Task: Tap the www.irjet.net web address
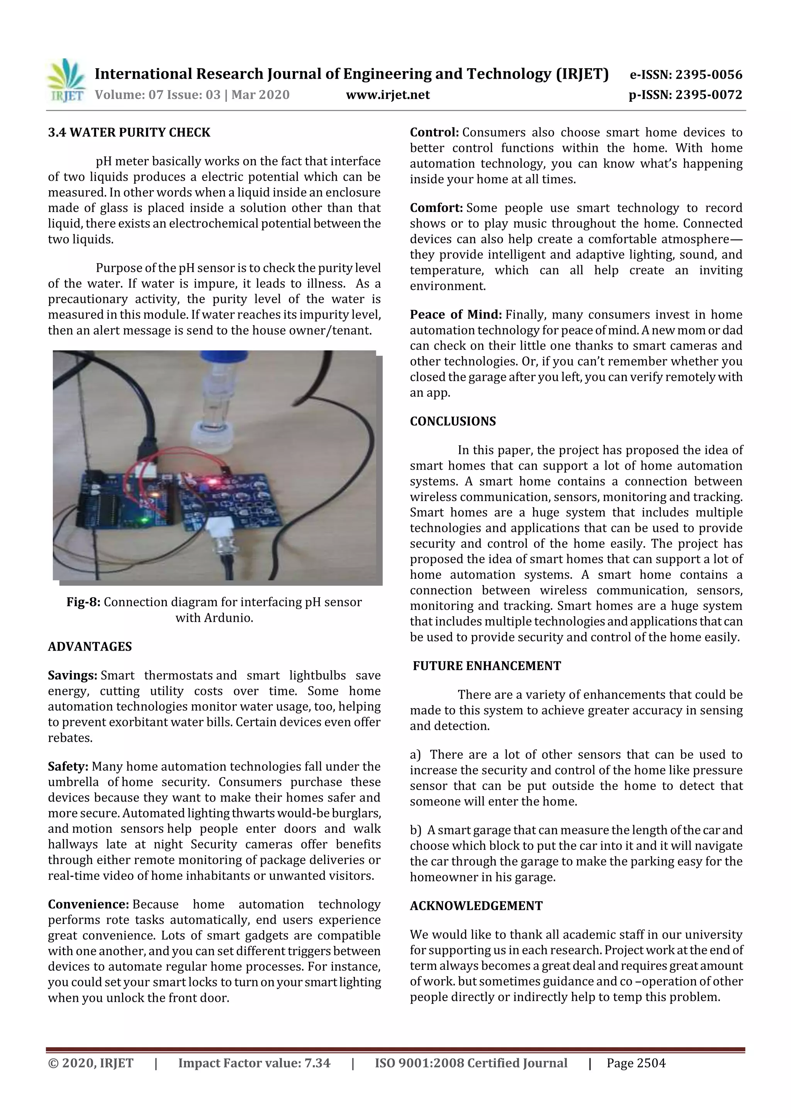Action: point(387,95)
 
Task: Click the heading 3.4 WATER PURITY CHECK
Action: point(129,132)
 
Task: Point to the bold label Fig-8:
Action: point(83,602)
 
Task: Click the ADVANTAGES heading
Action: point(90,647)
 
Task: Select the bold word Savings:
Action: point(73,675)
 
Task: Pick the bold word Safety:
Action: point(68,766)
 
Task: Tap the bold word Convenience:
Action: point(88,904)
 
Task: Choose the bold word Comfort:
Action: point(436,208)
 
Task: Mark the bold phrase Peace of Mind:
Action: point(456,315)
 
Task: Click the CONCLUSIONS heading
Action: point(452,421)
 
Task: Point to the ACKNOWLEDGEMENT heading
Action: point(476,906)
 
